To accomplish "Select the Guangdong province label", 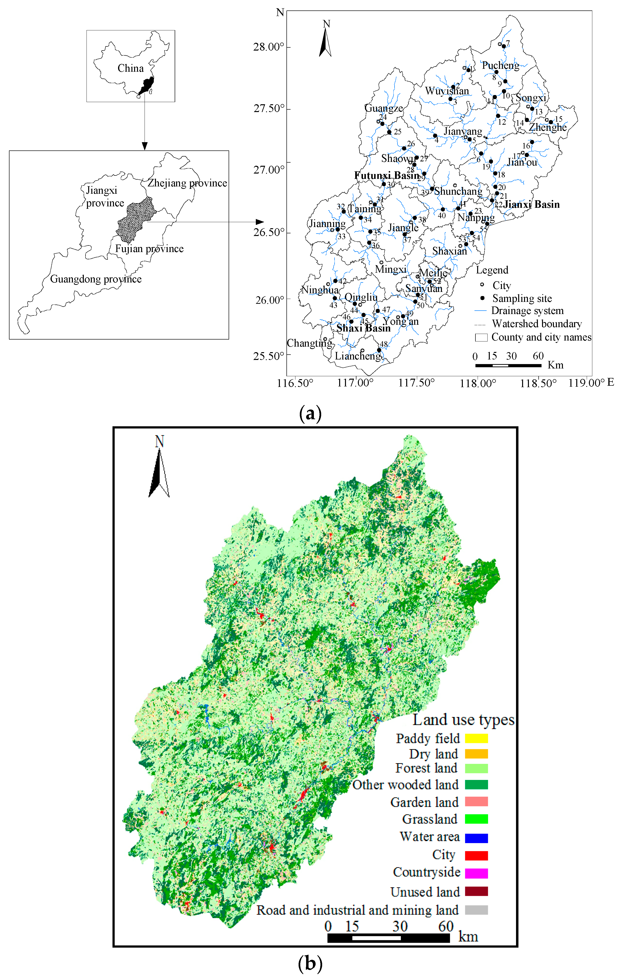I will click(x=96, y=279).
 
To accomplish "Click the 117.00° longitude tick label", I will click(x=355, y=383).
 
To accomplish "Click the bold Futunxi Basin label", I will click(x=387, y=175).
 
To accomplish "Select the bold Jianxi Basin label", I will click(x=531, y=204).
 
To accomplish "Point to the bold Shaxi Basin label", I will click(x=363, y=328).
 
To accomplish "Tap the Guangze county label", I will click(x=384, y=108).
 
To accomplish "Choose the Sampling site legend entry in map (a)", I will click(x=522, y=298).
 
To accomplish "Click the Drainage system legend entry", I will click(x=527, y=311).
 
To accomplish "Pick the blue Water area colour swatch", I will click(x=476, y=838).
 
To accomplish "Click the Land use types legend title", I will click(x=463, y=720).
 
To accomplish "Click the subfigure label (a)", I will click(x=310, y=413).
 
